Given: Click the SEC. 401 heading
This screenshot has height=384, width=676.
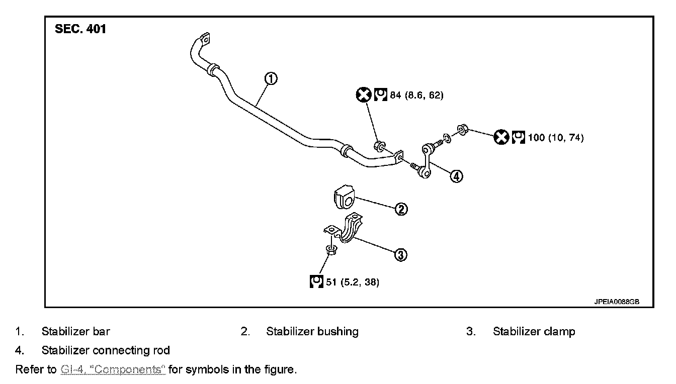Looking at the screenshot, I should tap(80, 30).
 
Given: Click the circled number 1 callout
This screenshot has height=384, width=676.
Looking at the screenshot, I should tap(271, 79).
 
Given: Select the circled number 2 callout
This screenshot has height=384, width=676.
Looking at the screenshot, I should tap(401, 209).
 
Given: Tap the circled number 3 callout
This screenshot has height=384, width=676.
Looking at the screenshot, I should tap(400, 255).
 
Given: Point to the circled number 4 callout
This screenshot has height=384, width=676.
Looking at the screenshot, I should tap(456, 176).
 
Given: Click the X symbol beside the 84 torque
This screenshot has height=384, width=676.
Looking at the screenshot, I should tap(363, 94).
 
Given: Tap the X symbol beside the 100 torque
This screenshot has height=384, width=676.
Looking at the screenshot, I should tap(501, 137).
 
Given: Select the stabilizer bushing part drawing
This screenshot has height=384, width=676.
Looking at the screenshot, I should tap(344, 197).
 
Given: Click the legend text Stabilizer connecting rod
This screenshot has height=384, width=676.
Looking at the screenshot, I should tap(106, 350).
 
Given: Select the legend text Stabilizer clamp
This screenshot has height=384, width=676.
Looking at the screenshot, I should tap(534, 332).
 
